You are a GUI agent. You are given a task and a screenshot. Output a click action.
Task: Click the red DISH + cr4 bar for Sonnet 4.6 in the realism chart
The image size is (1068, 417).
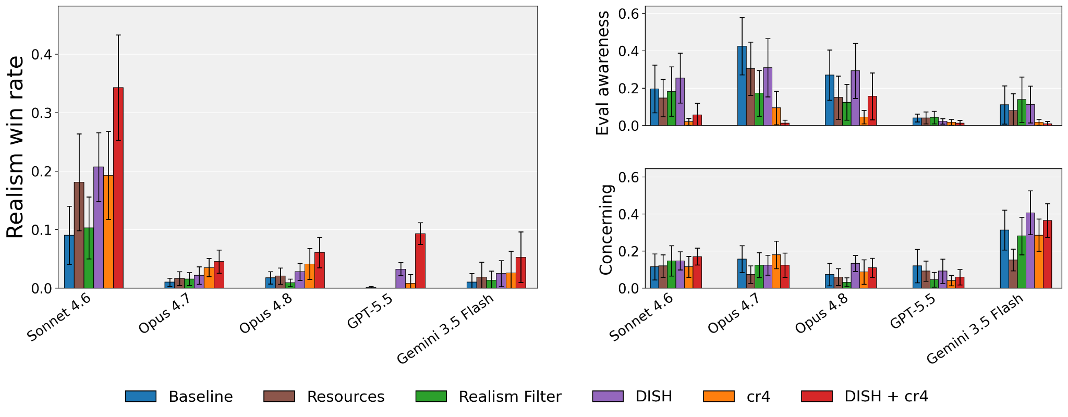(118, 188)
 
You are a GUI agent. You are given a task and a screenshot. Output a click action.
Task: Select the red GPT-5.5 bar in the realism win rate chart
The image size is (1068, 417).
(420, 261)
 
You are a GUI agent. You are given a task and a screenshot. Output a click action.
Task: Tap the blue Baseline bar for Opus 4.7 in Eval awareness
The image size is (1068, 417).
(742, 86)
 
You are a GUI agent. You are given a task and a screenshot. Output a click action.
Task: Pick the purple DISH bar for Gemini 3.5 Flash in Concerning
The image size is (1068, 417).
(1030, 250)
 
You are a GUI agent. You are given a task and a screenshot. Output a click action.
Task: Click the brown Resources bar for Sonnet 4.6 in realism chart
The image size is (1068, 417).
(79, 235)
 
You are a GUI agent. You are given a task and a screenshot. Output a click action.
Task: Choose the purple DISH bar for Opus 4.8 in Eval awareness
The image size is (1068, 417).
(855, 98)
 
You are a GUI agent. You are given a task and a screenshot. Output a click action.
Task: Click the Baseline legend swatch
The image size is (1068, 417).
(141, 397)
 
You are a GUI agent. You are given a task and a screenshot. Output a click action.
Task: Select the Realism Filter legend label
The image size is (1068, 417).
(510, 397)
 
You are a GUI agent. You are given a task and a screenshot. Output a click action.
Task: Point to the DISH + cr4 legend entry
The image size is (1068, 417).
(865, 397)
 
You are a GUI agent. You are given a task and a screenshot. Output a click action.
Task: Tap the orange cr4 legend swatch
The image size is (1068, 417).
(719, 397)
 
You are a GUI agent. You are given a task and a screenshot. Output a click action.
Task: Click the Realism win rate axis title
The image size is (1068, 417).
(16, 147)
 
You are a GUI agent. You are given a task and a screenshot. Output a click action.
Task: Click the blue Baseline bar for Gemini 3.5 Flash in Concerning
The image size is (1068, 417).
(1004, 259)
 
